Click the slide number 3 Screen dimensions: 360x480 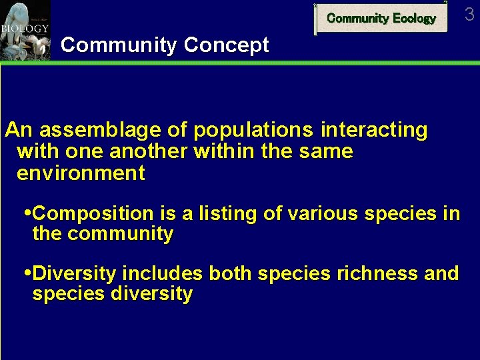469,14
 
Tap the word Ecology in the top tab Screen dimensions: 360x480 414,19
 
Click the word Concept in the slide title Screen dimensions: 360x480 226,45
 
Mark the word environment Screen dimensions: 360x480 80,173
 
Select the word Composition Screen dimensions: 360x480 93,214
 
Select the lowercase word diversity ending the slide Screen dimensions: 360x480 152,294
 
